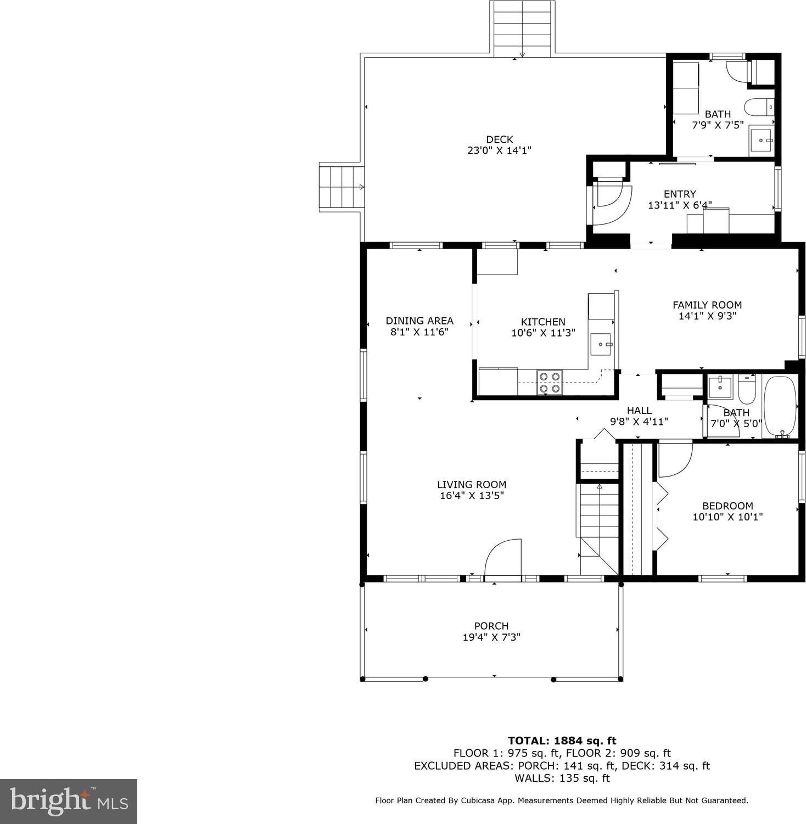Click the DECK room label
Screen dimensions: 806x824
coord(499,139)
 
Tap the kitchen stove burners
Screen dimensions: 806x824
coord(550,383)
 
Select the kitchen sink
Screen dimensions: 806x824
coord(601,344)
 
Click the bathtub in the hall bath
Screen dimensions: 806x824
coord(780,406)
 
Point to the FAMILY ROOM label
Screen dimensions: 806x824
coord(707,305)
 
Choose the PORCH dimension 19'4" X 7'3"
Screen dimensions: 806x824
coord(491,637)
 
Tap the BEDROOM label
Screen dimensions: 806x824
coord(727,506)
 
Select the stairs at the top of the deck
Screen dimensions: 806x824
coord(522,29)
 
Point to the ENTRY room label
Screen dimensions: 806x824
coord(680,194)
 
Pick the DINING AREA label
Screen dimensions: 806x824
coord(419,321)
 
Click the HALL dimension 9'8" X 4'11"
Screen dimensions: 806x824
coord(639,422)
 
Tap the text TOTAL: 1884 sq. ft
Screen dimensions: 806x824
coord(562,741)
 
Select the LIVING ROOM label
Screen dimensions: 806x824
coord(472,484)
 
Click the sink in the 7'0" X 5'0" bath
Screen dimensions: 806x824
coord(720,387)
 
